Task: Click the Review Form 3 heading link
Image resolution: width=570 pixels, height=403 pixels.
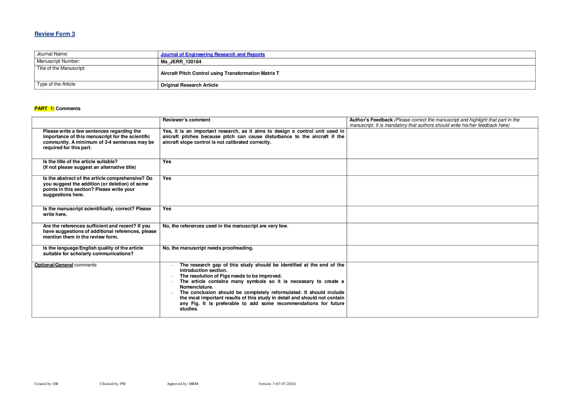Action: [x=55, y=34]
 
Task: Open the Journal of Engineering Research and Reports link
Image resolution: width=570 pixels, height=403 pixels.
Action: [x=212, y=54]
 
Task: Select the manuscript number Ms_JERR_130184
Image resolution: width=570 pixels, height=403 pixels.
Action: [x=181, y=62]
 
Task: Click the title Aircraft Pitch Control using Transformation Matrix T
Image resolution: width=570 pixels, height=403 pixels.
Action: [x=220, y=73]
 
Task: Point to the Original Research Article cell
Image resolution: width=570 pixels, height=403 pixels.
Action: [x=189, y=85]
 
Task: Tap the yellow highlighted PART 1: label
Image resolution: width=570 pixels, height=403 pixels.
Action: [x=44, y=108]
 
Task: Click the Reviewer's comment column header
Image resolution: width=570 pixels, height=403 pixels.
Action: [x=186, y=120]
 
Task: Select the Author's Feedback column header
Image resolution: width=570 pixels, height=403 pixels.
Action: [x=371, y=120]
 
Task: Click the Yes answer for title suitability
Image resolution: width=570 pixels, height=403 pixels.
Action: [x=167, y=162]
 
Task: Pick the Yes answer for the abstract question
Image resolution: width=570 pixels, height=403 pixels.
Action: [x=167, y=178]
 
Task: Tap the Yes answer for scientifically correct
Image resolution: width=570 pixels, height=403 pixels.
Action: [x=167, y=209]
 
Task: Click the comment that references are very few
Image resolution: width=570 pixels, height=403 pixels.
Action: [x=225, y=226]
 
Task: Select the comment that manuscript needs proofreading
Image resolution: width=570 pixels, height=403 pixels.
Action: [x=208, y=248]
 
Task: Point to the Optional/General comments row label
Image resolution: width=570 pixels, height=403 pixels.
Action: [x=65, y=265]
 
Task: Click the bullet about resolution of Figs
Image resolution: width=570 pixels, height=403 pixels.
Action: [x=231, y=276]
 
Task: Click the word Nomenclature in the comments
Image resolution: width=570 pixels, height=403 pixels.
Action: [x=196, y=287]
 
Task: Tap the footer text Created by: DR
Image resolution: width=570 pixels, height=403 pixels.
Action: [x=46, y=384]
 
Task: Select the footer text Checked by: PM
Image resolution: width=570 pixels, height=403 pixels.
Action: [x=113, y=384]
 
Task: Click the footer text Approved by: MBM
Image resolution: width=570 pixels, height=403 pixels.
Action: [x=183, y=384]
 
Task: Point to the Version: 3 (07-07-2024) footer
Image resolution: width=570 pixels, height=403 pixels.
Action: [x=277, y=384]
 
